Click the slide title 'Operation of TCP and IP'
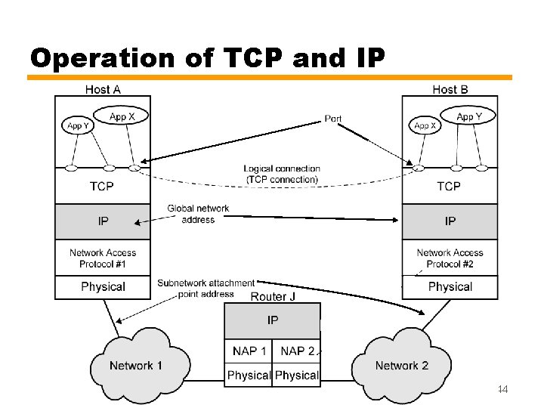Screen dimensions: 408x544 [208, 58]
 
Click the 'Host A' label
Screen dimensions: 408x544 [103, 89]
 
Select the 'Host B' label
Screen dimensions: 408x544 [450, 89]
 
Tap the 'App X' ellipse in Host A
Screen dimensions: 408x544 [122, 117]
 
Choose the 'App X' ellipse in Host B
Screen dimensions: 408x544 [425, 126]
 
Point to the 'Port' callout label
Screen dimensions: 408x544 [332, 119]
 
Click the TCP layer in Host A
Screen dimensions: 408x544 [102, 186]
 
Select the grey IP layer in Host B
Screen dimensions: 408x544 [450, 221]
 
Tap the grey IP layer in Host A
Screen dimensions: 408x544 [102, 221]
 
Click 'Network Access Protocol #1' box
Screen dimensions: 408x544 [102, 258]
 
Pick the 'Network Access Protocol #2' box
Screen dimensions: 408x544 [450, 258]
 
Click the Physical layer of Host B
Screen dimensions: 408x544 [450, 287]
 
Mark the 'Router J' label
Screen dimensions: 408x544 [273, 296]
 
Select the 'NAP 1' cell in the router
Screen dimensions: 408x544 [249, 351]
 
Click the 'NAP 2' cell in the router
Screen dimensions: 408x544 [297, 351]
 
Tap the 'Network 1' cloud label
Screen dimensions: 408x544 [136, 366]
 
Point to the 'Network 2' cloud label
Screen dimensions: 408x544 [401, 366]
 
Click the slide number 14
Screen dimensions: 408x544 [503, 390]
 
